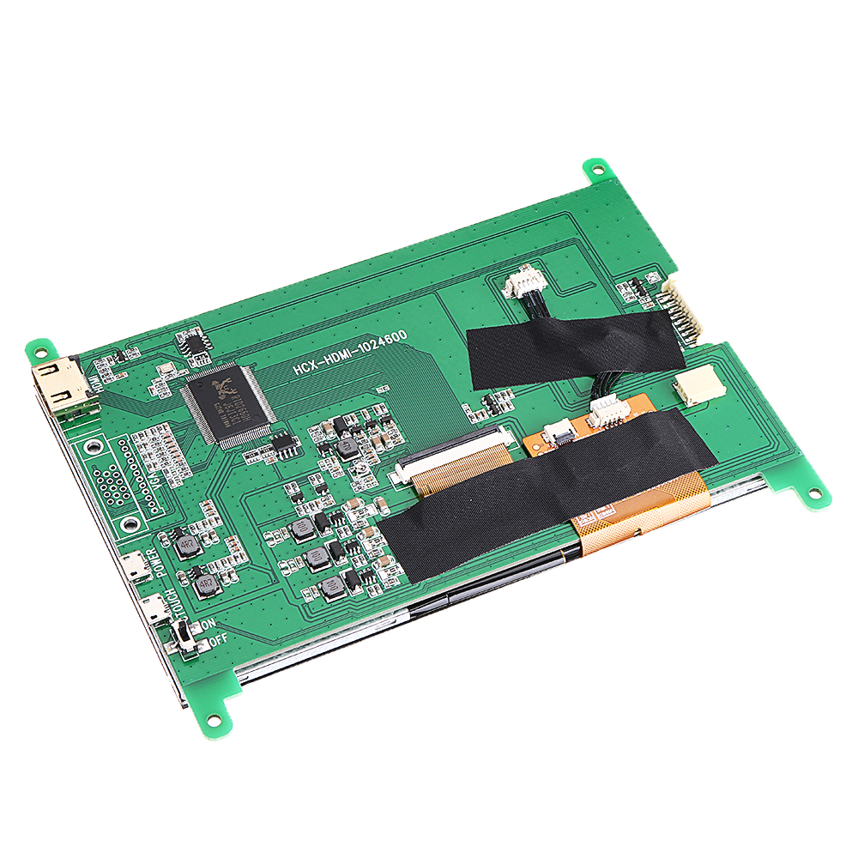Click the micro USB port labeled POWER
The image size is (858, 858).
(x=133, y=565)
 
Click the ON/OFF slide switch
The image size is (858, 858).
(x=183, y=637)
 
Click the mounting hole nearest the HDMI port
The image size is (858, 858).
(x=39, y=350)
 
